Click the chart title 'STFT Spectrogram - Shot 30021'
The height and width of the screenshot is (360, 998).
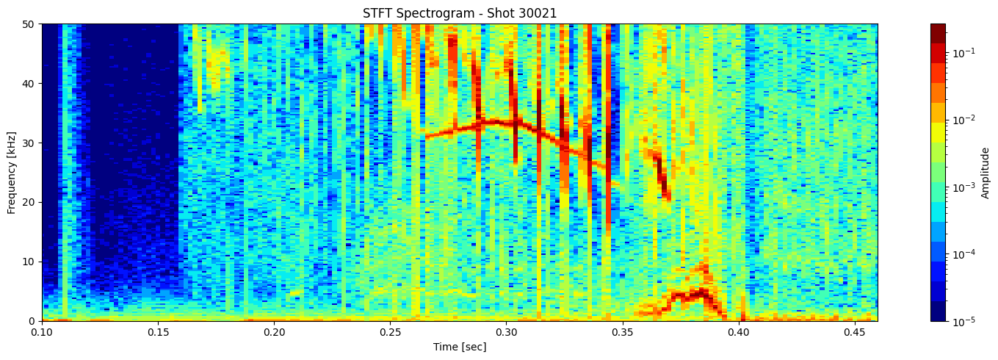(460, 13)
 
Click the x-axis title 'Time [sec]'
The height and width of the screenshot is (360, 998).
(460, 347)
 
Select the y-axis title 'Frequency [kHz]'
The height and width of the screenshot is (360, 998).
(12, 172)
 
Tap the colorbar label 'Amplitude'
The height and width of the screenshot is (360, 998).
(985, 172)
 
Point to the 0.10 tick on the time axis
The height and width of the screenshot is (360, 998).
(42, 333)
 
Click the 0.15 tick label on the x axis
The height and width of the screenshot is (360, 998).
(158, 333)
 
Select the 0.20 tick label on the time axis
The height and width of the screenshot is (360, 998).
(274, 333)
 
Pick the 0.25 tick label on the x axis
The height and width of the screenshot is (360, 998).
(391, 333)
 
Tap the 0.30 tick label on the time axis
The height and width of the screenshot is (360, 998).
(507, 333)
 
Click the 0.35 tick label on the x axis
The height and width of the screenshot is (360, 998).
(623, 333)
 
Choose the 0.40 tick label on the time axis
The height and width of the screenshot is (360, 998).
(739, 333)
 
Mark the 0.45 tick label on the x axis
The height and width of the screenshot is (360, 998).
(855, 333)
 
